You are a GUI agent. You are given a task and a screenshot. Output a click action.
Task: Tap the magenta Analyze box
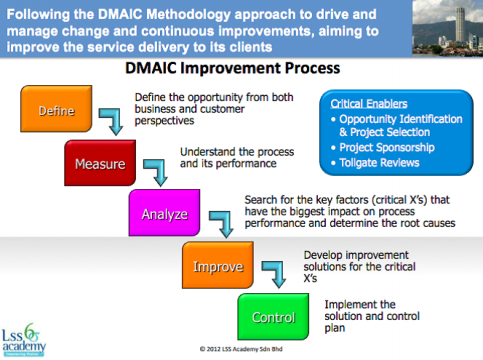click(163, 211)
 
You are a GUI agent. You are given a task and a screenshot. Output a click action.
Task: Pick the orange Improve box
click(216, 268)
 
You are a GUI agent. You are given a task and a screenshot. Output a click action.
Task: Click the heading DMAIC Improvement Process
click(233, 71)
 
